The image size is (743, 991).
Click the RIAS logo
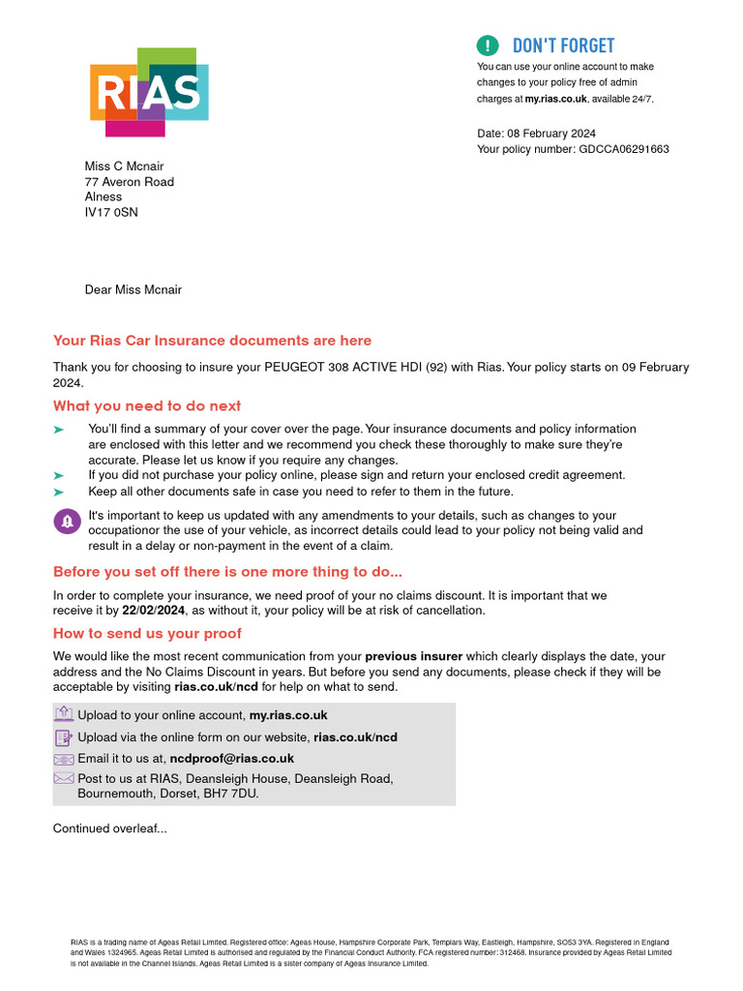[149, 92]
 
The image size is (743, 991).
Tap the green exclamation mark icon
[489, 45]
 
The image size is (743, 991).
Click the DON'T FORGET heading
[563, 45]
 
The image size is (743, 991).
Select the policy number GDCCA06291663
[623, 149]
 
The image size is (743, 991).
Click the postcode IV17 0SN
[111, 212]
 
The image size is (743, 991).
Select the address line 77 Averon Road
[130, 181]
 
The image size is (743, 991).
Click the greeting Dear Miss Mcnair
[134, 289]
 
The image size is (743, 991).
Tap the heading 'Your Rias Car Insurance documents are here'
[212, 341]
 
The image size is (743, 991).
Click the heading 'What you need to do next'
[147, 405]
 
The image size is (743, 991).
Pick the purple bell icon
[67, 522]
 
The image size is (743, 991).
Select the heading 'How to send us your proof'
[147, 633]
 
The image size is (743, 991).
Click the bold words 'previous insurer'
[413, 656]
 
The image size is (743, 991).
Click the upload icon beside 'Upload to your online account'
[64, 715]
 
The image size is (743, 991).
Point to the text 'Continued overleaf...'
[109, 828]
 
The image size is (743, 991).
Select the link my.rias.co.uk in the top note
[556, 99]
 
